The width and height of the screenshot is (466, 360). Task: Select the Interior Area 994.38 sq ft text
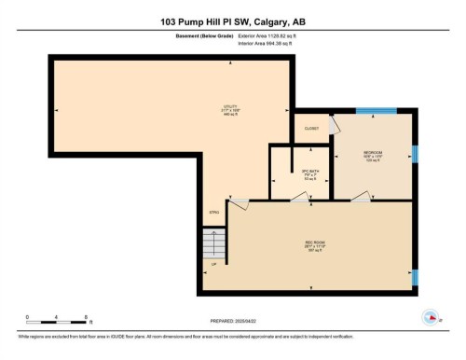[272, 44]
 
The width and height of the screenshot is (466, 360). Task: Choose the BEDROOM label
[373, 156]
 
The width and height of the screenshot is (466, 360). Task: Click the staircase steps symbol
[214, 246]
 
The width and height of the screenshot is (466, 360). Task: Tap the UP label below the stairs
[213, 264]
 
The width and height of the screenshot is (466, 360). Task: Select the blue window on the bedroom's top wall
[376, 110]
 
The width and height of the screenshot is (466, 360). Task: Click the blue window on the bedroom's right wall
[415, 152]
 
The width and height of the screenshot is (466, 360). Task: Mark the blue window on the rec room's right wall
[415, 276]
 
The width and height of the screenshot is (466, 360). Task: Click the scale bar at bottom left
[56, 320]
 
